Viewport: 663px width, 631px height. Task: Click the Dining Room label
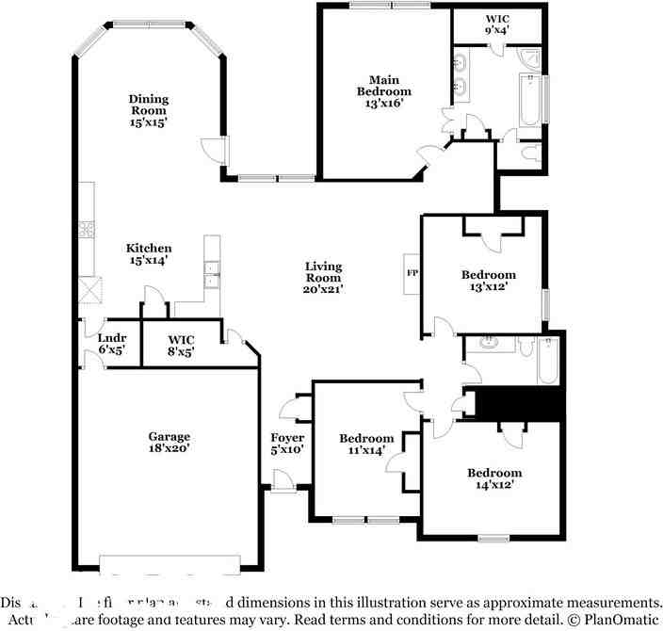[x=149, y=110]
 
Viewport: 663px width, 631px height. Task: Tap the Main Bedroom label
[x=383, y=91]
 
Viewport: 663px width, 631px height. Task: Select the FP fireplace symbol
[x=412, y=274]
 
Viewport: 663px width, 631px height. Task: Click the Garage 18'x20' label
[x=169, y=443]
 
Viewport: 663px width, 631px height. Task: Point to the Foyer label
[x=287, y=444]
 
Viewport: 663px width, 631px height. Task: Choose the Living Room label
[x=323, y=278]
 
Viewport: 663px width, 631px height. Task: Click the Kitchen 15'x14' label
[x=149, y=254]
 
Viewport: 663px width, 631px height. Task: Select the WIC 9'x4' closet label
[x=497, y=24]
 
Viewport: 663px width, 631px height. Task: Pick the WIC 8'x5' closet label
[x=181, y=345]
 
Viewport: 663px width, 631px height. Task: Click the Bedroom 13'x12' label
[x=488, y=281]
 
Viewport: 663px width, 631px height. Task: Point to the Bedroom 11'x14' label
[x=366, y=445]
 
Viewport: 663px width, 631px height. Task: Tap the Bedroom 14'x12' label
[x=494, y=478]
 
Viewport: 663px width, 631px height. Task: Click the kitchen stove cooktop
[x=88, y=229]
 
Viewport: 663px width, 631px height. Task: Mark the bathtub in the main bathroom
[x=528, y=101]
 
